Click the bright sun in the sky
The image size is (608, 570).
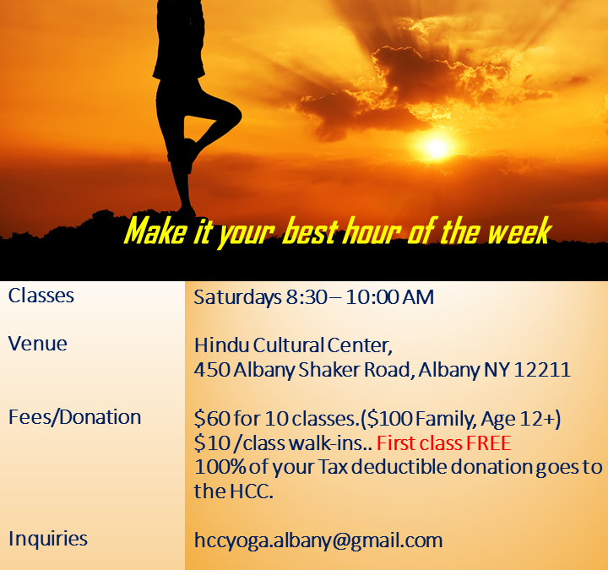[x=437, y=148]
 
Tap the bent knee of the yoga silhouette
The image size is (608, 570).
[x=233, y=115]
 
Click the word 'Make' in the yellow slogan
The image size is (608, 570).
[x=155, y=231]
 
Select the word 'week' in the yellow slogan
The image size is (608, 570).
[x=518, y=231]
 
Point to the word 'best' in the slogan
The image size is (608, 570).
[x=310, y=231]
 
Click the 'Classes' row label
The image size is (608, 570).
[x=41, y=296]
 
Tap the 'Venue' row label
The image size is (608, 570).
[x=38, y=344]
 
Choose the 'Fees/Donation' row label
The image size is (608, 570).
[x=75, y=418]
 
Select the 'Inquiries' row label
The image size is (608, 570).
[x=48, y=539]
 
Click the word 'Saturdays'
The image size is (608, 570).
[x=237, y=297]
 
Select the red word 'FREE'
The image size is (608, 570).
[x=489, y=442]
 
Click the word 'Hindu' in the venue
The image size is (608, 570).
[x=221, y=345]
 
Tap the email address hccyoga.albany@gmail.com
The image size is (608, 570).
[x=318, y=540]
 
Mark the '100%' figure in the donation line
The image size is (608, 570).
[x=220, y=467]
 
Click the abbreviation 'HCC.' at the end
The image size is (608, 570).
[x=252, y=491]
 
